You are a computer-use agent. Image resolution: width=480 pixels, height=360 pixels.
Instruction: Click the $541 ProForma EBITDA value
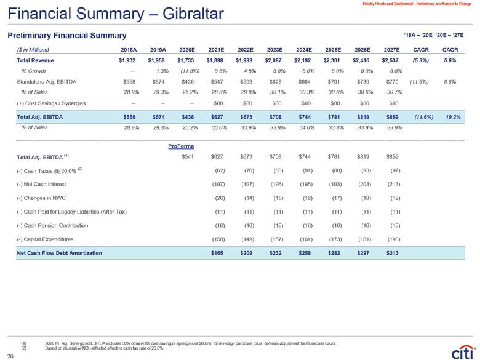point(187,156)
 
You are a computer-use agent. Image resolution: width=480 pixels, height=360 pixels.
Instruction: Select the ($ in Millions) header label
point(33,49)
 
